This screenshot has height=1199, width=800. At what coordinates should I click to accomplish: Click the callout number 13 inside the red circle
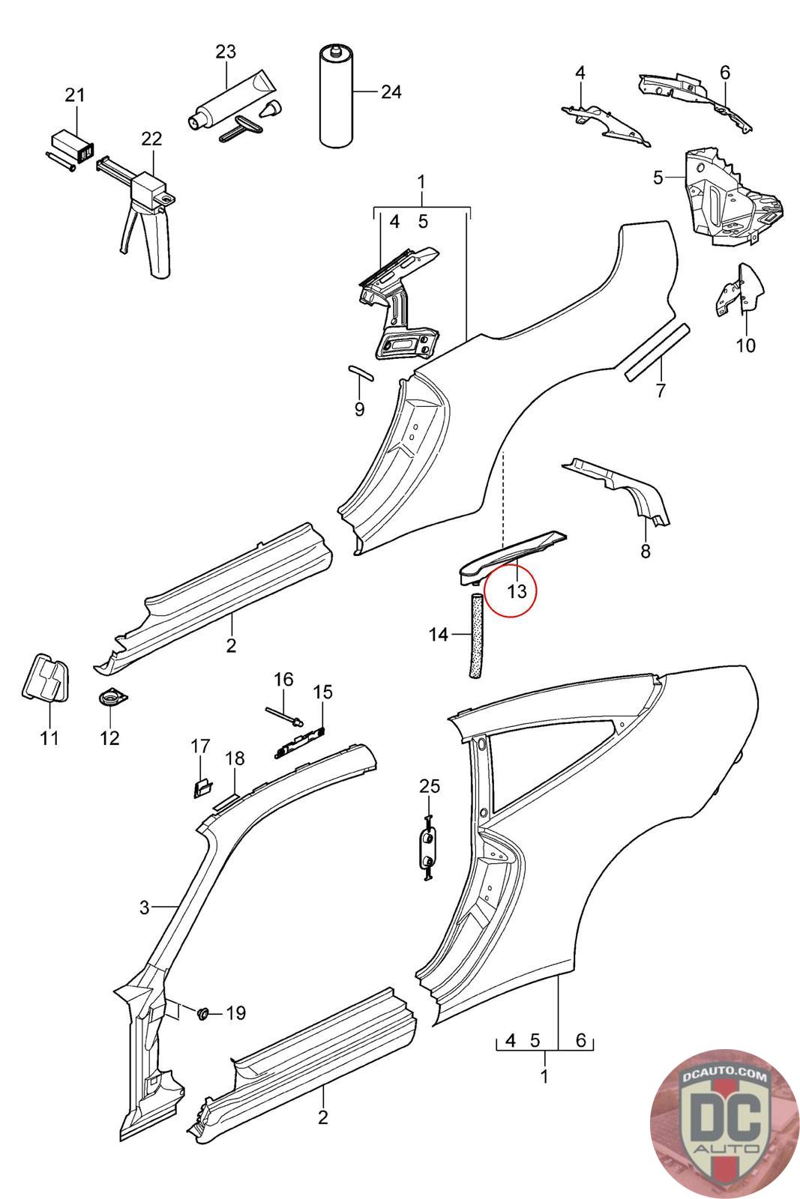(517, 591)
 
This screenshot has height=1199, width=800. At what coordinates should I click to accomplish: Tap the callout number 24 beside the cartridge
(391, 92)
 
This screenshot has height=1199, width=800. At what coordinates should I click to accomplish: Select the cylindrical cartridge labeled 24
(336, 97)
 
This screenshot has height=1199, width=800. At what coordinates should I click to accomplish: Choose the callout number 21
(75, 95)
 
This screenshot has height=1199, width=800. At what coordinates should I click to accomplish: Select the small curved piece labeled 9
(361, 372)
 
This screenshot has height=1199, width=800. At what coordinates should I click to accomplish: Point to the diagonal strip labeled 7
(657, 352)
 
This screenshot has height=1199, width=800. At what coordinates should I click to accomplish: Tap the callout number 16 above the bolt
(284, 679)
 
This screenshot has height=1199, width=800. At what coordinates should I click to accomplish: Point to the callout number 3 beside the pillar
(144, 907)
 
